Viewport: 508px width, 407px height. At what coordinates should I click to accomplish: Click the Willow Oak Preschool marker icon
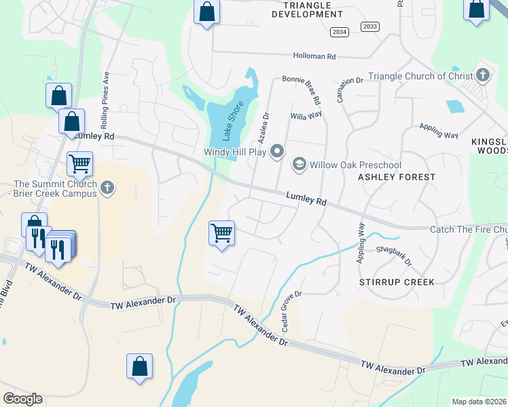(299, 164)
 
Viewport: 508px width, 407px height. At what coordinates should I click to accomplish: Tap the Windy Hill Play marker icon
(277, 151)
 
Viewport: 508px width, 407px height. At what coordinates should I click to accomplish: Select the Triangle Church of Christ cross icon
(483, 75)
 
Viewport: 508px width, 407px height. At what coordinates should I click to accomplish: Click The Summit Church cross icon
(107, 188)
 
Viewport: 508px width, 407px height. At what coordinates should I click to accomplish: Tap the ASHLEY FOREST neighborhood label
(397, 177)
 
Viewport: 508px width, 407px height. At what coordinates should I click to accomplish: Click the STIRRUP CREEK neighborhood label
(397, 281)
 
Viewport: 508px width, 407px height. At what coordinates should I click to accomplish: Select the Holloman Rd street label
(314, 56)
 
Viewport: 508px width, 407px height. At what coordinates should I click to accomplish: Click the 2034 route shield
(339, 32)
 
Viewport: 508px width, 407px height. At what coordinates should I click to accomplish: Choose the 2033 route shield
(369, 26)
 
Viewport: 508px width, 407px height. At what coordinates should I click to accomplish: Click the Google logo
(22, 399)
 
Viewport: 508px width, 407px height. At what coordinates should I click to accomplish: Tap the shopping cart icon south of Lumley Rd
(222, 233)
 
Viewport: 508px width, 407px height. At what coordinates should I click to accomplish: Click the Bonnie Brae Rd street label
(306, 89)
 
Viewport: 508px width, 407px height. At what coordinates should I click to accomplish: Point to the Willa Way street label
(306, 115)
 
